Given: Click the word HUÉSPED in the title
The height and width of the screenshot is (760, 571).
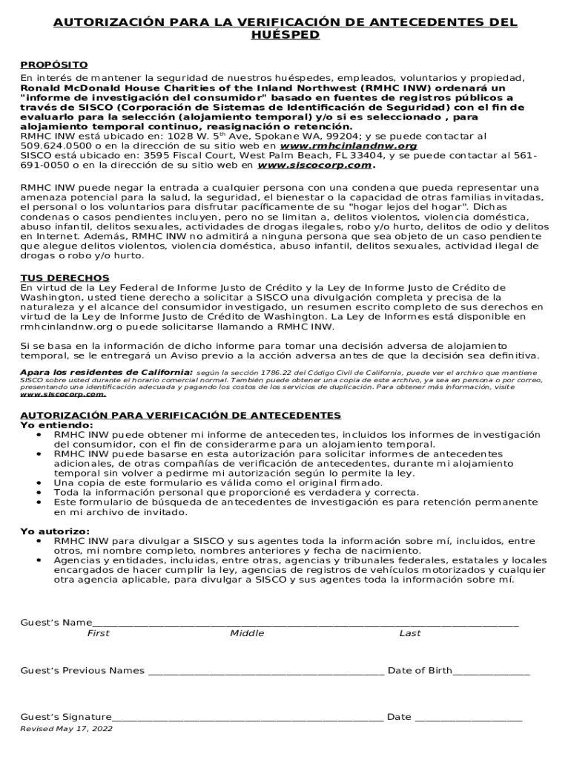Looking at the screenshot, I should pyautogui.click(x=285, y=35).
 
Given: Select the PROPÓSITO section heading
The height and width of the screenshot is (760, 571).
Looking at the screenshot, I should pyautogui.click(x=53, y=65).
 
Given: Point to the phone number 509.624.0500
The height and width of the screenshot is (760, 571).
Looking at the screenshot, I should pyautogui.click(x=51, y=146).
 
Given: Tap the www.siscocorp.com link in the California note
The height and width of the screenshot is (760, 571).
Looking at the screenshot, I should pyautogui.click(x=62, y=394).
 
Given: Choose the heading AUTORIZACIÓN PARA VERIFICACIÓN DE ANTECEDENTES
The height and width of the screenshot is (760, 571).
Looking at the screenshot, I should pyautogui.click(x=180, y=415).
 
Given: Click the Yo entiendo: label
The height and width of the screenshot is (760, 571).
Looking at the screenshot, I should pyautogui.click(x=51, y=425).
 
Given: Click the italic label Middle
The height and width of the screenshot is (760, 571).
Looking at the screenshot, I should pyautogui.click(x=246, y=633).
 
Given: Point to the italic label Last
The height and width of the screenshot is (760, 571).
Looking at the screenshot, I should pyautogui.click(x=409, y=633).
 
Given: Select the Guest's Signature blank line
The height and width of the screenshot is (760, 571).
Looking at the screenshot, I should pyautogui.click(x=248, y=718).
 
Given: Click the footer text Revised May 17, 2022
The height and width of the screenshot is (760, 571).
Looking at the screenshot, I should pyautogui.click(x=66, y=729).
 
